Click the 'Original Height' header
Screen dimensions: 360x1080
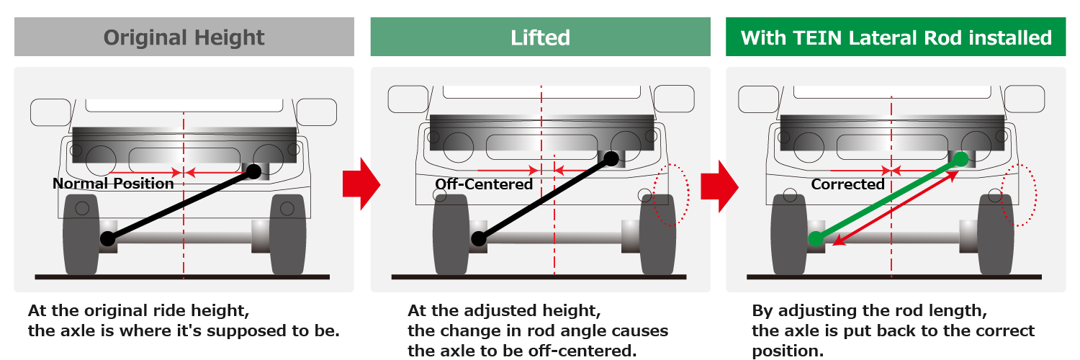click(x=184, y=37)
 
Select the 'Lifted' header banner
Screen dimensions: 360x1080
click(x=540, y=37)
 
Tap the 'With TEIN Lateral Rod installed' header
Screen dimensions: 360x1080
click(x=896, y=37)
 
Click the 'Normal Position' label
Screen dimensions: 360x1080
click(x=113, y=184)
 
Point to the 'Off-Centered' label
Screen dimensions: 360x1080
click(x=484, y=184)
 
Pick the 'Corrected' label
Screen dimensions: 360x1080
click(x=847, y=184)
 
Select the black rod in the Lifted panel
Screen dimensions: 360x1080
click(x=544, y=198)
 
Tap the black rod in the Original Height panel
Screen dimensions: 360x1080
click(x=180, y=205)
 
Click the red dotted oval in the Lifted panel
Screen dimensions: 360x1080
click(x=672, y=194)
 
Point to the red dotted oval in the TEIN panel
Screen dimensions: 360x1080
click(x=1022, y=194)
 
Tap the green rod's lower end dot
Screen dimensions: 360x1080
click(x=816, y=238)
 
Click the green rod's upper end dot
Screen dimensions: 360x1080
click(x=960, y=159)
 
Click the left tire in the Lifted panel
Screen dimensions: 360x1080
click(x=451, y=234)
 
